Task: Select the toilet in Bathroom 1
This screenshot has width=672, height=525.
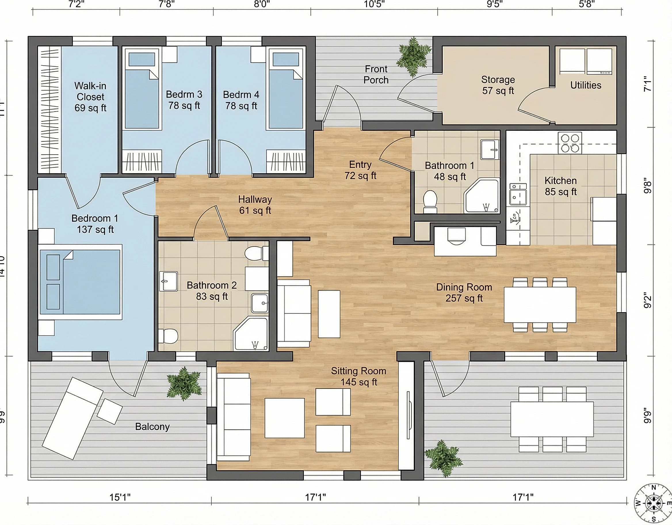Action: pyautogui.click(x=430, y=201)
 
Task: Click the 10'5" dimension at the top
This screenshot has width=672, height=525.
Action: pyautogui.click(x=374, y=4)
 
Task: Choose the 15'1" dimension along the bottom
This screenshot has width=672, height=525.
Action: pyautogui.click(x=120, y=497)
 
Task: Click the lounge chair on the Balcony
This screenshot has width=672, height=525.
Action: pyautogui.click(x=72, y=418)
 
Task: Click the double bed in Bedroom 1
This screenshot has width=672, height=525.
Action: pyautogui.click(x=80, y=282)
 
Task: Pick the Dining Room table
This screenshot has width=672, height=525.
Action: pyautogui.click(x=540, y=305)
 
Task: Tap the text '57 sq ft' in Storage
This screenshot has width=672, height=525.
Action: pyautogui.click(x=498, y=91)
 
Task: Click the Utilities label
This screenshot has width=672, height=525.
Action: pyautogui.click(x=585, y=85)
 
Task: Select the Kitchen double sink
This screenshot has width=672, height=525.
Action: pyautogui.click(x=518, y=195)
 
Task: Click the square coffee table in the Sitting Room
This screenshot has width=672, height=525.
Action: pyautogui.click(x=284, y=418)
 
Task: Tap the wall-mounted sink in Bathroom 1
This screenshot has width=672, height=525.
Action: pyautogui.click(x=490, y=150)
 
